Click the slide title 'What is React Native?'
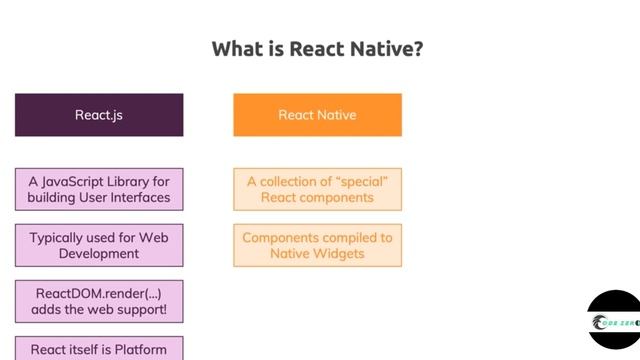tap(316, 49)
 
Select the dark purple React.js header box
tap(99, 115)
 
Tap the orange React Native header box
tap(317, 115)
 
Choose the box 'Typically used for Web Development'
tap(99, 246)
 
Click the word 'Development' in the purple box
tap(98, 254)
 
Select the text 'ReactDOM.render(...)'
tap(99, 295)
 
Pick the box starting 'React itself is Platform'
tap(99, 348)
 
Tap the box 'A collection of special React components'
tap(317, 189)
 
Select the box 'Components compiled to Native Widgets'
tap(317, 246)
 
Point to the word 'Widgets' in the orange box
tap(339, 254)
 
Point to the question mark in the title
tap(416, 49)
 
